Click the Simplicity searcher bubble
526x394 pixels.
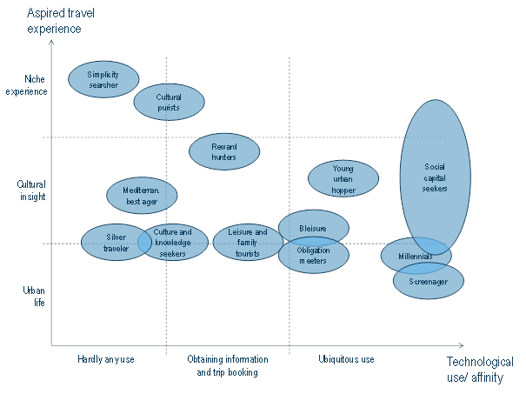click(x=103, y=79)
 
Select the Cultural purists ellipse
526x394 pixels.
click(x=169, y=102)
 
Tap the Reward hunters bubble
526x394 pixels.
click(x=224, y=151)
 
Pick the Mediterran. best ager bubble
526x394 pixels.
click(x=141, y=195)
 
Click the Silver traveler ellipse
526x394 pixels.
click(x=116, y=243)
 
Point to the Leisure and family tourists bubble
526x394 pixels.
click(x=248, y=242)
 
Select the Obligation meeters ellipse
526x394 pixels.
click(x=313, y=255)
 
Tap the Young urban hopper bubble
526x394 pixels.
click(x=343, y=178)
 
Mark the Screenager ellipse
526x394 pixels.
click(x=429, y=282)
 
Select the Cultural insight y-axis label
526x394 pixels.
click(x=30, y=190)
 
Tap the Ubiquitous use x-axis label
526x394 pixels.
click(x=346, y=358)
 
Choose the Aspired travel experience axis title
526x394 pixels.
click(x=54, y=20)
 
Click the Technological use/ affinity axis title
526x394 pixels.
click(x=480, y=369)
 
